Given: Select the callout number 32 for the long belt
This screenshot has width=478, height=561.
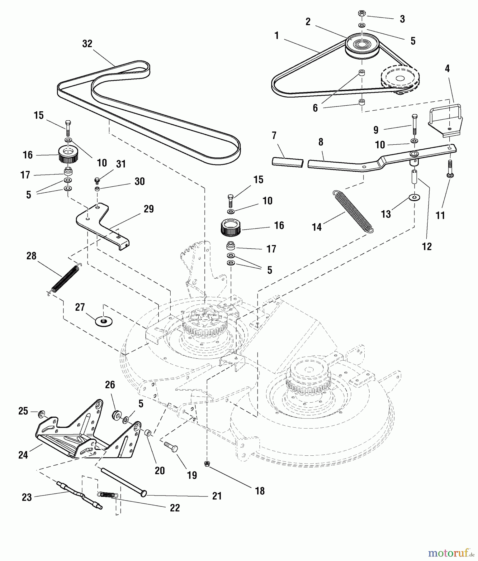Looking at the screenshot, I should coord(87,44).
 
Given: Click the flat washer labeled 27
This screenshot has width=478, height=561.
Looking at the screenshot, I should coord(104,321).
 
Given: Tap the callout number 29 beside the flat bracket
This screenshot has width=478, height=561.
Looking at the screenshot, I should coord(149,209).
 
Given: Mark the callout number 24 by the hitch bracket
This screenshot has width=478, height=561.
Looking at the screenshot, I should coord(23,455).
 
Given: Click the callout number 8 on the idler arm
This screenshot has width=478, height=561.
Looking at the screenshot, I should coord(320,142).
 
